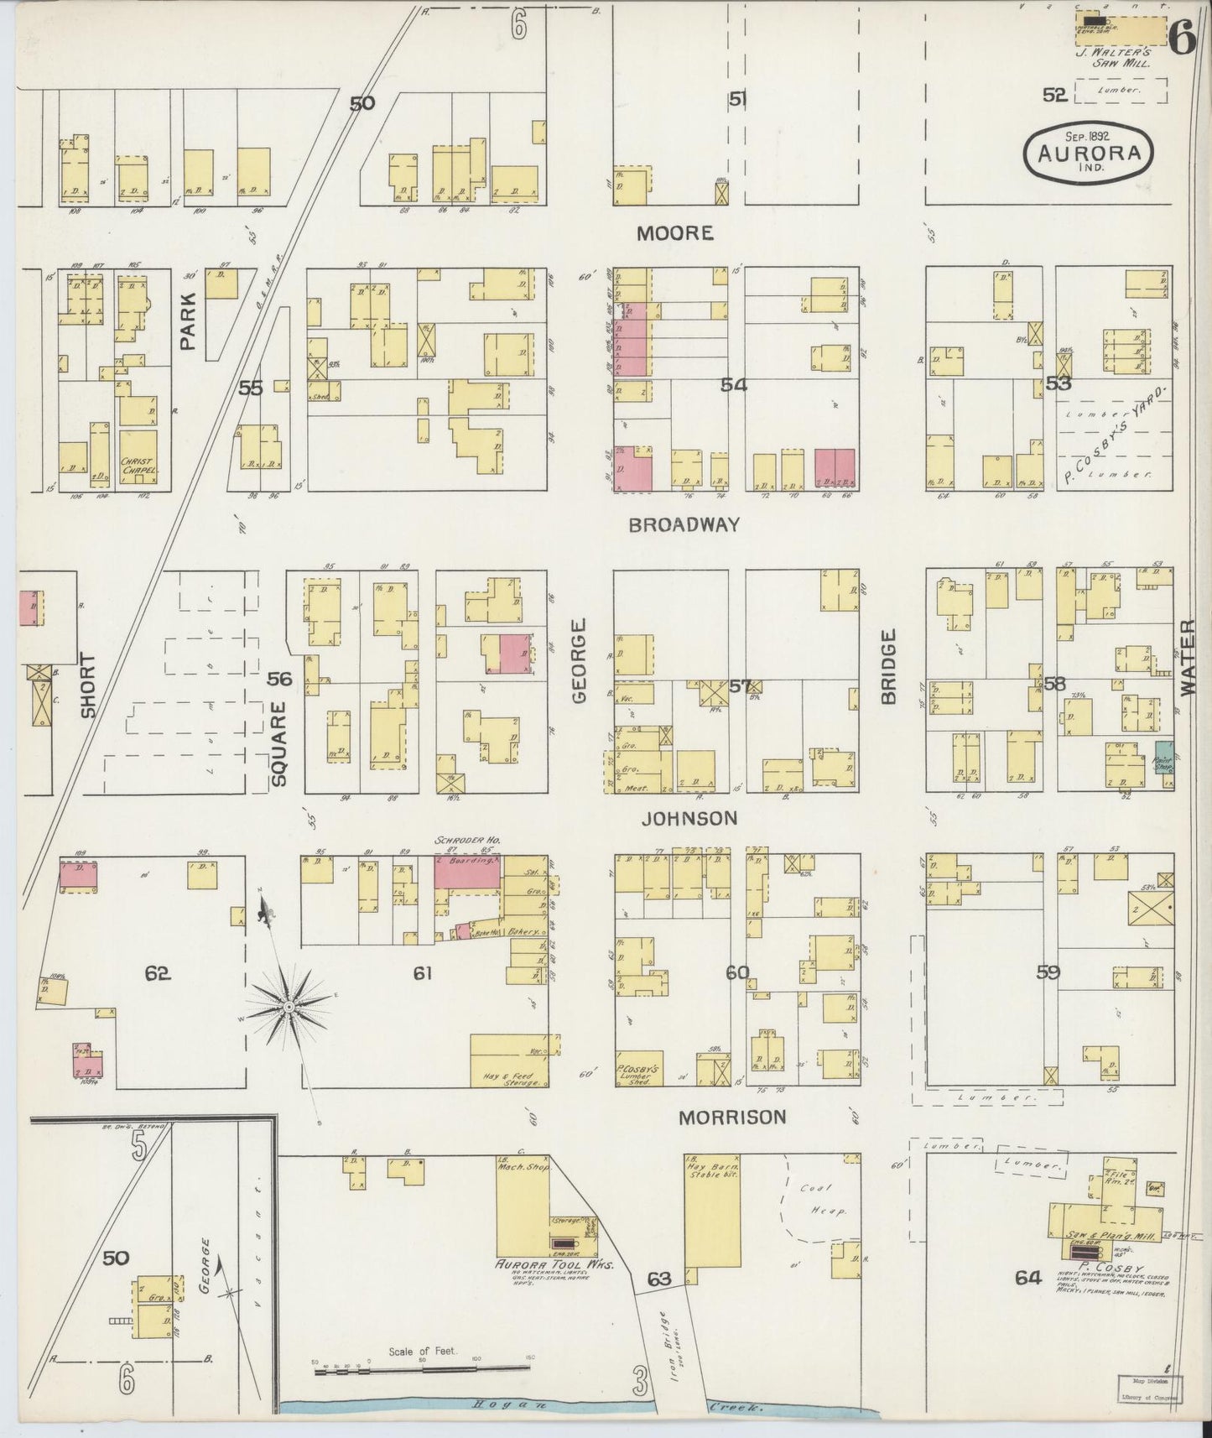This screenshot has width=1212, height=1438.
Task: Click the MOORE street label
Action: click(674, 233)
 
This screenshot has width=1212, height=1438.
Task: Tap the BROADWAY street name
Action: click(684, 525)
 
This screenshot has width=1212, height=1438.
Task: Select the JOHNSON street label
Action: click(689, 817)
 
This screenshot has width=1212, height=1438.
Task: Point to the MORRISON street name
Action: click(732, 1117)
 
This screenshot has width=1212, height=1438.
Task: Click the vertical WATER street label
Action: click(1187, 658)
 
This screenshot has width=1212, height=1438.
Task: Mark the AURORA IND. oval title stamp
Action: click(1089, 153)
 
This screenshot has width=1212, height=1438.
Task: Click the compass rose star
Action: click(289, 1004)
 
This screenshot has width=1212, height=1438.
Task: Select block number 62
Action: click(158, 973)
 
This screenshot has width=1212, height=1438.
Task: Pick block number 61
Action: click(422, 972)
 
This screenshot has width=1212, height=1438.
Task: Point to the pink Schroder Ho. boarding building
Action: click(466, 873)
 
